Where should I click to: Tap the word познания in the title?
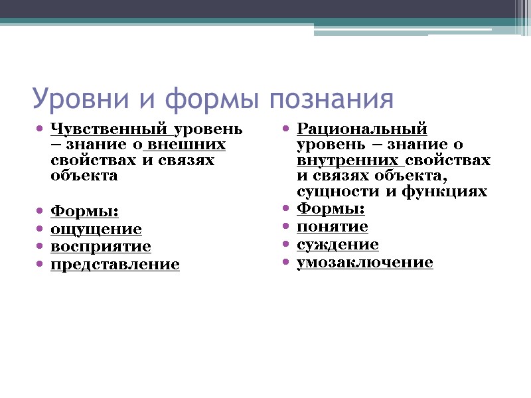click(331, 99)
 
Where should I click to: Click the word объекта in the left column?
click(84, 176)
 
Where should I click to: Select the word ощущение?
click(96, 229)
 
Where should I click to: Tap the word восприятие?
click(101, 247)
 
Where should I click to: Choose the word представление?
click(115, 265)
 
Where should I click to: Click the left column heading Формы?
click(85, 212)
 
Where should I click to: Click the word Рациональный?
click(362, 128)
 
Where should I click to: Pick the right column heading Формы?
click(331, 209)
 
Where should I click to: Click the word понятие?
click(333, 227)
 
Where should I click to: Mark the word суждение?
click(338, 245)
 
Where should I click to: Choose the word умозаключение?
click(365, 263)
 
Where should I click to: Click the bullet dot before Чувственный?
click(39, 128)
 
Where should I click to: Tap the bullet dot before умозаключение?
click(285, 263)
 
